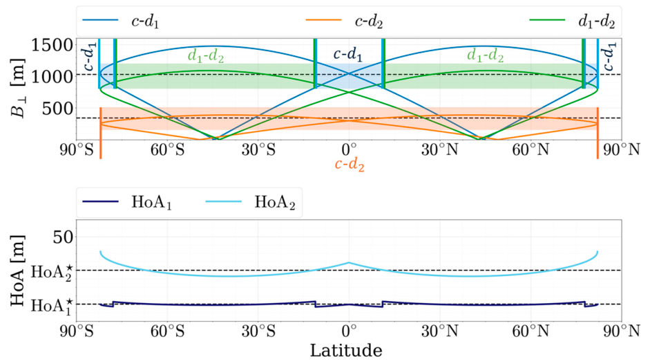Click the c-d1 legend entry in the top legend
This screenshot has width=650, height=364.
tap(120, 21)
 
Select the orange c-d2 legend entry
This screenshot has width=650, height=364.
tap(344, 21)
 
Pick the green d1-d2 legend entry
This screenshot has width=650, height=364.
tap(572, 21)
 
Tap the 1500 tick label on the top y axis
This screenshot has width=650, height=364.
tap(51, 45)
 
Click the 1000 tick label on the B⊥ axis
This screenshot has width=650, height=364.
tap(51, 76)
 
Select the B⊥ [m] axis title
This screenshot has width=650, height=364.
tap(18, 88)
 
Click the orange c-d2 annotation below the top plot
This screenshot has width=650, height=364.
tap(350, 165)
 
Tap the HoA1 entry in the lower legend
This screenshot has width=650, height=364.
tap(127, 202)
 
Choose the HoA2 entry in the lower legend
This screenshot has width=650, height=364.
tap(250, 202)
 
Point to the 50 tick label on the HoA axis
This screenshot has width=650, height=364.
tap(63, 237)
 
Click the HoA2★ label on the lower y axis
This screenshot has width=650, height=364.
tap(52, 272)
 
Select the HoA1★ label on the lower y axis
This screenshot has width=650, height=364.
tap(52, 306)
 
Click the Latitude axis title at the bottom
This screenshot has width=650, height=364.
tap(346, 350)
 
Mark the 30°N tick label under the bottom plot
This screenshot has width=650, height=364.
tap(440, 331)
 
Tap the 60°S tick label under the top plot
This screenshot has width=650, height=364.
tap(167, 149)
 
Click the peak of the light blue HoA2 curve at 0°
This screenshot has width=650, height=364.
tap(349, 262)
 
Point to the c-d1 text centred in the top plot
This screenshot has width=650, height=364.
tap(348, 54)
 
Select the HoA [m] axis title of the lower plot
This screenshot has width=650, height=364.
tap(18, 271)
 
